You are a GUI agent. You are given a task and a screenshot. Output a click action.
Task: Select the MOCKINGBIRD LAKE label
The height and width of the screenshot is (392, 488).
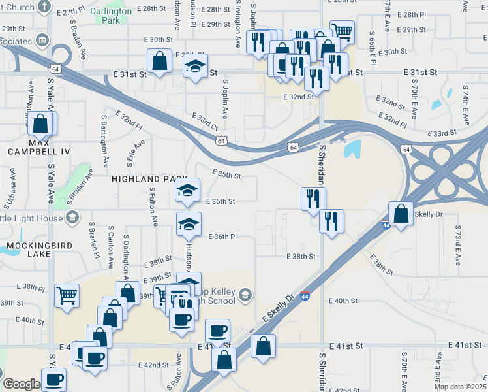pyautogui.click(x=33, y=250)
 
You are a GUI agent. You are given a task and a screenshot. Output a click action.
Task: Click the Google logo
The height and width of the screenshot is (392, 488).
pyautogui.click(x=22, y=384)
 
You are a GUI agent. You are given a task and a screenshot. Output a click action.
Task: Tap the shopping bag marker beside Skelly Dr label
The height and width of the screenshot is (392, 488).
pyautogui.click(x=401, y=213)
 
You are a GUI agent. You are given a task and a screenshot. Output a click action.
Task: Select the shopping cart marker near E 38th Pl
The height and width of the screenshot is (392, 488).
pyautogui.click(x=67, y=295)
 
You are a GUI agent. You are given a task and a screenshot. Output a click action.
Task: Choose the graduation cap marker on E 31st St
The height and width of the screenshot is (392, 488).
pyautogui.click(x=194, y=67)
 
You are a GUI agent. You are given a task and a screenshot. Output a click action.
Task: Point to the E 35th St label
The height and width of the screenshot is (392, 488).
pyautogui.click(x=227, y=176)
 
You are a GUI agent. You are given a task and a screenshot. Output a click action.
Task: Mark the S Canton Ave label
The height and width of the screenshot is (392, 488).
pyautogui.click(x=111, y=250)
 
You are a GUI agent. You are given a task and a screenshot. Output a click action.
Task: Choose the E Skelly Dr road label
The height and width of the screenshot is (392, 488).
pyautogui.click(x=283, y=316)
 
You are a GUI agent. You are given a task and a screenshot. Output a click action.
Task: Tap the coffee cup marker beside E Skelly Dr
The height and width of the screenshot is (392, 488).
pyautogui.click(x=217, y=331)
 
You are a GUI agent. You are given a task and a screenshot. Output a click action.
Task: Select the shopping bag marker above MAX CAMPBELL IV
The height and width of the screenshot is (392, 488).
pyautogui.click(x=40, y=123)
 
